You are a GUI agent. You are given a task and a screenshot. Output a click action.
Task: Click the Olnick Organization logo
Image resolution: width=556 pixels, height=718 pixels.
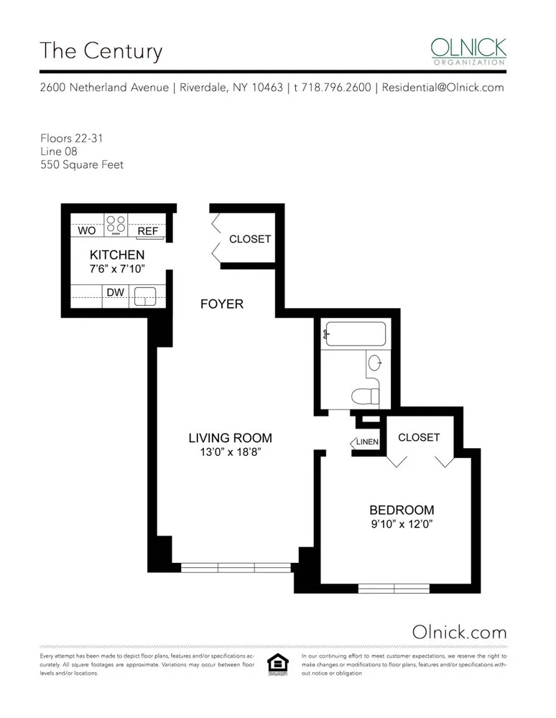[468, 52]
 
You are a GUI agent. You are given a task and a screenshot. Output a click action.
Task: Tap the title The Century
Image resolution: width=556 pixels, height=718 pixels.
[101, 51]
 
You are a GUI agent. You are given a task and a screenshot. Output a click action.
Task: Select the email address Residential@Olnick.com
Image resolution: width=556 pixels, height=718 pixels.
[443, 88]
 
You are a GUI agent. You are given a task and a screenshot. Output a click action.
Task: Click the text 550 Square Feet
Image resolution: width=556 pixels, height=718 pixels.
[82, 164]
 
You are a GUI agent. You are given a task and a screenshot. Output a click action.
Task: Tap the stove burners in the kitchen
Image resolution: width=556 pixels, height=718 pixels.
[116, 225]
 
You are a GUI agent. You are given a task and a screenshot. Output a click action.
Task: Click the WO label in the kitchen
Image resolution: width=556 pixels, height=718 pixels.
[87, 231]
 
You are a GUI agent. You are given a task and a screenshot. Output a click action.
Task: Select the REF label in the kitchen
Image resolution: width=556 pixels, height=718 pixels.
[148, 231]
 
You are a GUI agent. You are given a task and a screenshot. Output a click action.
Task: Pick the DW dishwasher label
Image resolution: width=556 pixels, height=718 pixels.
[114, 292]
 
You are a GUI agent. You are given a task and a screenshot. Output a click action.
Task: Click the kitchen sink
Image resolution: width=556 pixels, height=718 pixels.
[147, 296]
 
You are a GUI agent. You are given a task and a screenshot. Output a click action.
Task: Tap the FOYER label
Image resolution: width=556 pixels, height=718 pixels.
[222, 304]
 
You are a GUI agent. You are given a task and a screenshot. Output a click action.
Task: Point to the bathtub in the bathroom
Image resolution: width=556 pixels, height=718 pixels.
[355, 335]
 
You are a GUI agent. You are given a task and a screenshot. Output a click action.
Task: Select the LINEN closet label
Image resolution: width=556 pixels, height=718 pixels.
[367, 442]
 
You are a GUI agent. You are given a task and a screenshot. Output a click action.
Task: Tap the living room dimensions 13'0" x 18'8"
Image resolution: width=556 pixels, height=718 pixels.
[230, 452]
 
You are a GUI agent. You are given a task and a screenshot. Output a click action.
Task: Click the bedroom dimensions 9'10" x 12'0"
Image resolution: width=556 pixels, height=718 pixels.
[402, 524]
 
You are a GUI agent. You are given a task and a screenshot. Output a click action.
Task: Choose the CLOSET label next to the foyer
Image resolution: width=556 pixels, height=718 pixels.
[250, 239]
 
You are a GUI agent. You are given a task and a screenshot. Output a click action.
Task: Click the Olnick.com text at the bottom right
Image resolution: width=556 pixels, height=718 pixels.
[460, 632]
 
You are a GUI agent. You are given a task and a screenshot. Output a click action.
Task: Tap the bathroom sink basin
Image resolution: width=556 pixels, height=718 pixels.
[374, 363]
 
